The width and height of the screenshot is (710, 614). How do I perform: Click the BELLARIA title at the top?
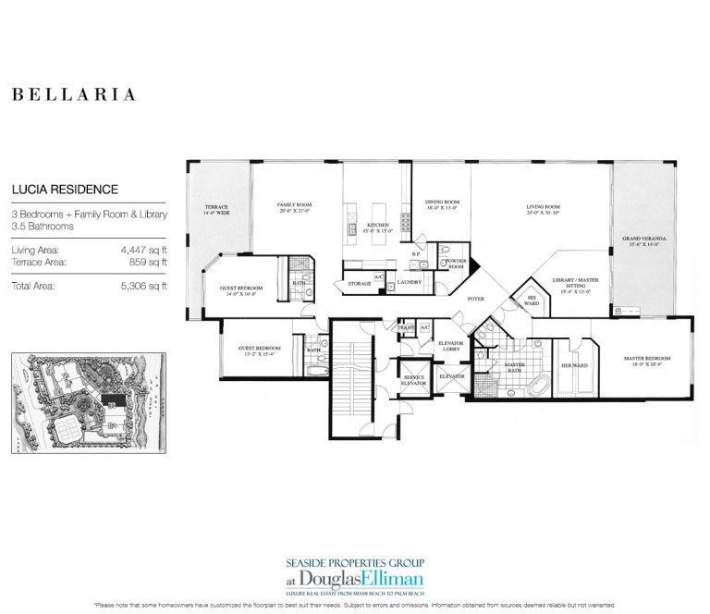[74, 94]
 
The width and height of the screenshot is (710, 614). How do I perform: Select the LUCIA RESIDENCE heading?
[65, 190]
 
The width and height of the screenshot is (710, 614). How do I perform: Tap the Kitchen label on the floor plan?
[375, 226]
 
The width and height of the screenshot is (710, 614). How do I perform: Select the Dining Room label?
[442, 205]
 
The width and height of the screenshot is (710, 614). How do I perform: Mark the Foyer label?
[476, 299]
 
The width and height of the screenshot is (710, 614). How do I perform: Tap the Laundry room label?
[409, 282]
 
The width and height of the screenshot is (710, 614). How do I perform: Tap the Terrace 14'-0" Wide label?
[216, 209]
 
